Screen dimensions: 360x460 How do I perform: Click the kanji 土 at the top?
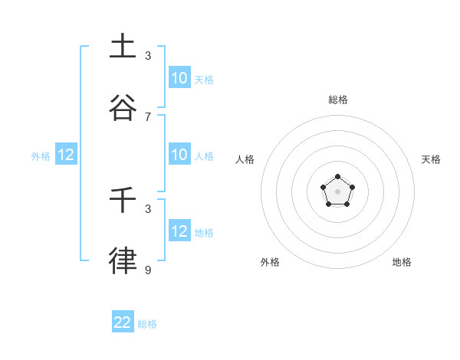click(x=123, y=46)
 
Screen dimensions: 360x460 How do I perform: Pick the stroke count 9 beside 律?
click(x=148, y=270)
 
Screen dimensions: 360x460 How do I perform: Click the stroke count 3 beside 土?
click(x=148, y=56)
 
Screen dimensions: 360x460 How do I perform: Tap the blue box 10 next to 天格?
click(x=179, y=77)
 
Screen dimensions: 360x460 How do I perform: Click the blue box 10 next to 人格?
click(x=179, y=154)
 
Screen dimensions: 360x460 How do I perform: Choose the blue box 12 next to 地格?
click(x=179, y=231)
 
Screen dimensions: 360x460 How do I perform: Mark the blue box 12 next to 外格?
click(x=66, y=155)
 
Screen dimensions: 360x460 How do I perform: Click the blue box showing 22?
click(x=123, y=322)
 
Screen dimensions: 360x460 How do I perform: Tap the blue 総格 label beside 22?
click(x=147, y=324)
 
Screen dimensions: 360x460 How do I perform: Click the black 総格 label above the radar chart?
click(x=338, y=100)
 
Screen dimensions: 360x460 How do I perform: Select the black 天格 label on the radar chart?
click(x=431, y=159)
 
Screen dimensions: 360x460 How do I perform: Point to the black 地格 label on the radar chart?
click(x=402, y=262)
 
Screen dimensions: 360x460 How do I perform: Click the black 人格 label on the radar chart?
click(x=245, y=159)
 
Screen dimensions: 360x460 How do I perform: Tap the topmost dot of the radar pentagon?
click(x=338, y=177)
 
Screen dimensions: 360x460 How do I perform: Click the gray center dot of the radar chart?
click(x=338, y=191)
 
